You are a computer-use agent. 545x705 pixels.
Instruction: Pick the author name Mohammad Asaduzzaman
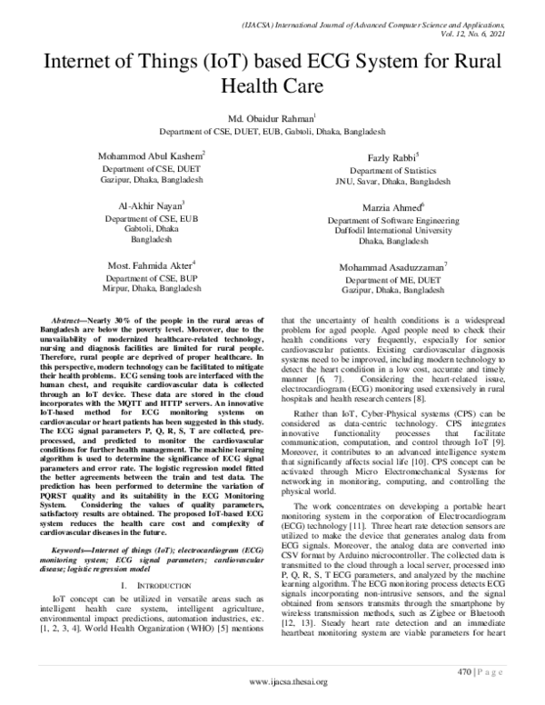(x=392, y=267)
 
